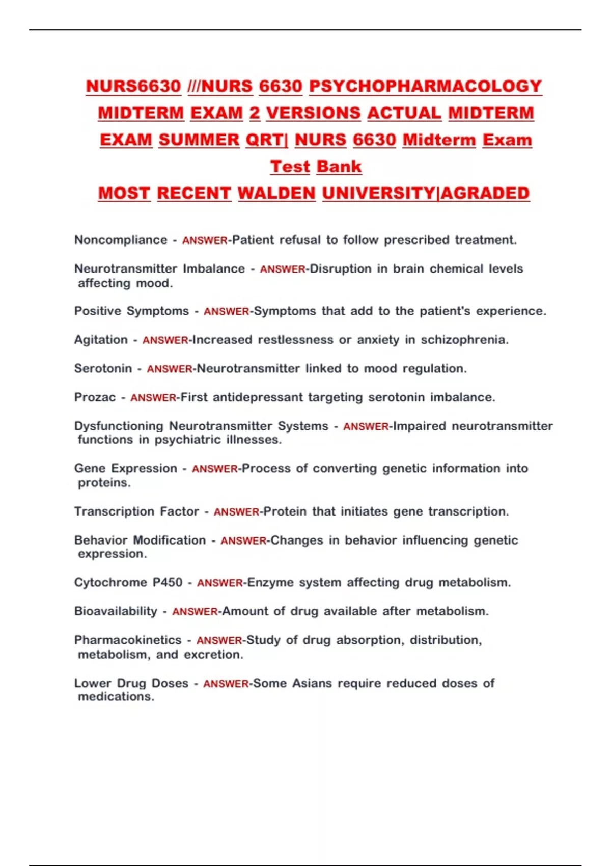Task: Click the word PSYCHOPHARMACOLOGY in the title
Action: click(425, 87)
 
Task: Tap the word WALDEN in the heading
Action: click(276, 194)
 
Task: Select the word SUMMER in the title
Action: click(199, 140)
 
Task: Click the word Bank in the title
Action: click(339, 167)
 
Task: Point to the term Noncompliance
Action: click(121, 240)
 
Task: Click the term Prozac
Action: click(95, 397)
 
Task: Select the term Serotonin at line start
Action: click(103, 368)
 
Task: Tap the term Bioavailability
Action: click(116, 611)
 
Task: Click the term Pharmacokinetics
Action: click(128, 640)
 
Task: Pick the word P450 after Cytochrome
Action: click(168, 582)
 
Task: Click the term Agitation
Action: click(101, 340)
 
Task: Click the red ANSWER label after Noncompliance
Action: click(205, 240)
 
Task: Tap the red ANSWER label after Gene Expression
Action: click(214, 469)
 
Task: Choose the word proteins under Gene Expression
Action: click(104, 483)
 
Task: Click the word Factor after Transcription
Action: click(179, 511)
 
